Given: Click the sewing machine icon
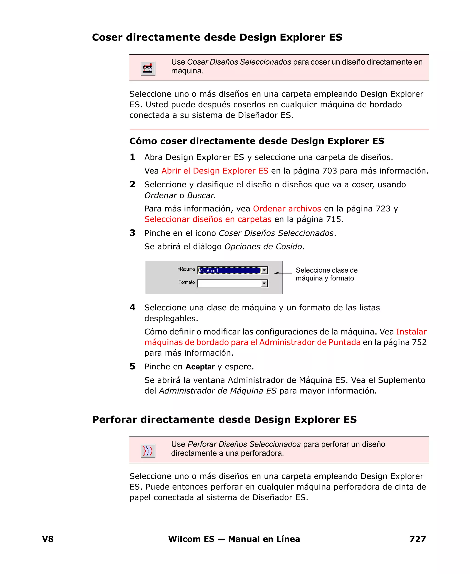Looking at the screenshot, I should (x=148, y=69).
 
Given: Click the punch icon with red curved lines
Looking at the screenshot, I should (x=148, y=451).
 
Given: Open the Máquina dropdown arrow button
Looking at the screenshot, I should (x=264, y=270).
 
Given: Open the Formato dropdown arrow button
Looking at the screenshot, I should (x=264, y=283).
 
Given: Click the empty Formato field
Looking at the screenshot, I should (x=229, y=283).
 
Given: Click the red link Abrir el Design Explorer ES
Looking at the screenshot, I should (x=215, y=171).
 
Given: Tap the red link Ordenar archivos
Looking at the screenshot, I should (x=287, y=208).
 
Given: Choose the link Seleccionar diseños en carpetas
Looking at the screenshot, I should (x=208, y=219).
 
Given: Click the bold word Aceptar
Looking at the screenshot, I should (x=200, y=367).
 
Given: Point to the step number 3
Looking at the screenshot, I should (x=132, y=233).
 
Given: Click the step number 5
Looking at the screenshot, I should (x=132, y=367).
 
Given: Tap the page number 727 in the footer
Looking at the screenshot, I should (x=417, y=539).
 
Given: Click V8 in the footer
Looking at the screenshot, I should (x=48, y=539).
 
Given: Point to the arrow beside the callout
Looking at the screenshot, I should (x=282, y=273).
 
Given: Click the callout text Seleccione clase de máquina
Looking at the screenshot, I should (x=326, y=270).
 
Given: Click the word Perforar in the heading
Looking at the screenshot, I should (x=115, y=420).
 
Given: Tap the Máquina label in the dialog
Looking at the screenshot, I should (x=186, y=269).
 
